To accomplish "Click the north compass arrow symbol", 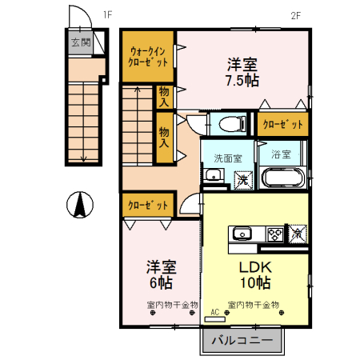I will pos(80,206).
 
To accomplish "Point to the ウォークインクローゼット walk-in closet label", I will pos(149,56).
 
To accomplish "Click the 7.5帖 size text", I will pos(242,81).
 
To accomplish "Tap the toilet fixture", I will pos(229,124).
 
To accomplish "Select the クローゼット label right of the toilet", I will pos(282,125).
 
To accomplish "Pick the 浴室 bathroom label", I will pos(280,154).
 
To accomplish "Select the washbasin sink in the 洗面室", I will pos(213,177).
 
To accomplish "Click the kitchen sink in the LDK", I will pos(242,234).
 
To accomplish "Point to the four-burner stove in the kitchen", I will pos(274,234).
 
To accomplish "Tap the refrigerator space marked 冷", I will pos(297,234).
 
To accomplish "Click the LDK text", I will pos(254,267).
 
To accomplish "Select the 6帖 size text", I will pos(160,282).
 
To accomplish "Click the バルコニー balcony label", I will pos(242,341).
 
